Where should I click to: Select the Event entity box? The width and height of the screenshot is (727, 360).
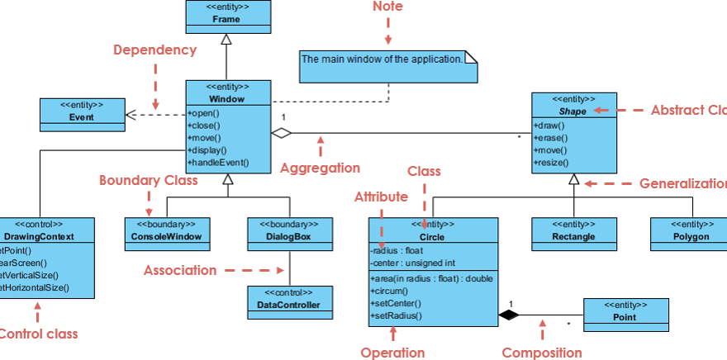[82, 115]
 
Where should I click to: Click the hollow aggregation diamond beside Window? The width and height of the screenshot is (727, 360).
[283, 132]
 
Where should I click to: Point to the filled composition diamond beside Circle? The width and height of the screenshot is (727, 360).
[508, 315]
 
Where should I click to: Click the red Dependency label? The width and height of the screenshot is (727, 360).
[154, 50]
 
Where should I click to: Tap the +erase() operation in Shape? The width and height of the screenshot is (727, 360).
[551, 138]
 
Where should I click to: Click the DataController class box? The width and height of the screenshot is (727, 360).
[290, 303]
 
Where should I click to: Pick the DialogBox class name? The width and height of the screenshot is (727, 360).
[290, 237]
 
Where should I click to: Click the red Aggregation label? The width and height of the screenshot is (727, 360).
[320, 168]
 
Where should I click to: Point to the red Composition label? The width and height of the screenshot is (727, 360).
[542, 353]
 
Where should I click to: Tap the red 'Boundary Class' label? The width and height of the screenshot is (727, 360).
[149, 180]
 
